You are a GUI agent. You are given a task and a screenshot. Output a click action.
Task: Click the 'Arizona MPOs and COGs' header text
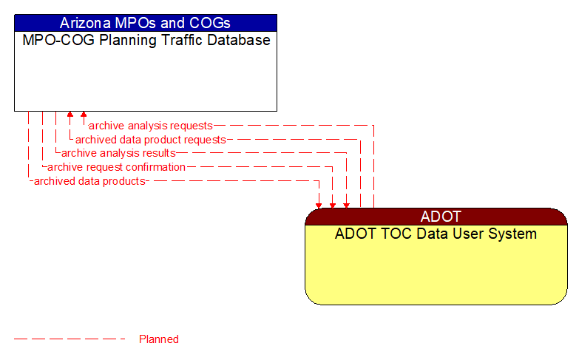tap(145, 23)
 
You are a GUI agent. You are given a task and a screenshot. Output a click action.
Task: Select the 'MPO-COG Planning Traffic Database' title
tap(146, 40)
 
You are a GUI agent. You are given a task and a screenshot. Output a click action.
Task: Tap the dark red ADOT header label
tap(441, 217)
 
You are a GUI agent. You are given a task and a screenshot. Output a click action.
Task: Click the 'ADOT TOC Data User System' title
tap(436, 234)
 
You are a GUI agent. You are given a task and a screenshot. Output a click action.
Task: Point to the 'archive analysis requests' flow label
tap(151, 126)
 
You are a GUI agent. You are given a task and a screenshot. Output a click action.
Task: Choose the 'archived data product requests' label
tap(151, 139)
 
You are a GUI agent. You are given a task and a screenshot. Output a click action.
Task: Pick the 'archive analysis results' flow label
tap(118, 153)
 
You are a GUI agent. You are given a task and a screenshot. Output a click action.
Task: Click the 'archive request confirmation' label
tap(116, 167)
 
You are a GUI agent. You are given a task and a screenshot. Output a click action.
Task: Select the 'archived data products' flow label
tap(89, 180)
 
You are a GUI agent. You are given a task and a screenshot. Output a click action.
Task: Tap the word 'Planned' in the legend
tap(159, 339)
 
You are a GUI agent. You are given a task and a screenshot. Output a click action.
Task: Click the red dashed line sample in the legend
tap(70, 339)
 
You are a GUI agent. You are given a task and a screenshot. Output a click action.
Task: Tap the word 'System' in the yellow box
tap(513, 234)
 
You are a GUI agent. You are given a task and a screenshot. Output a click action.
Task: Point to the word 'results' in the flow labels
tap(158, 153)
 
